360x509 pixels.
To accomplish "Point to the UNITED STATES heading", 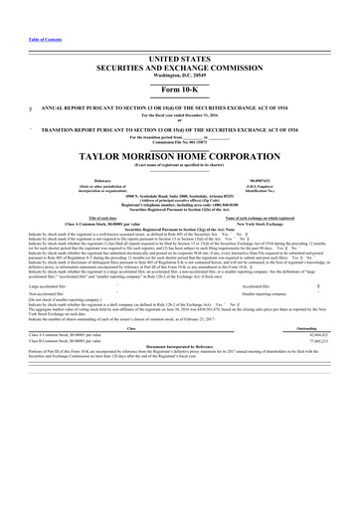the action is click(180, 61).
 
